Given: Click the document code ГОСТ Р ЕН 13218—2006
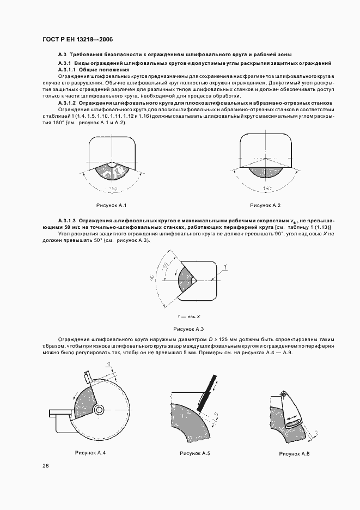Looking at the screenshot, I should tap(77, 39).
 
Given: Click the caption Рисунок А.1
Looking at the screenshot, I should tap(112, 205).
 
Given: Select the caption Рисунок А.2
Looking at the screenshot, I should tap(265, 205).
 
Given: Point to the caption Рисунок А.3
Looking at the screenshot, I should tap(188, 329).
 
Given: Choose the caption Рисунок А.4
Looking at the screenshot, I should tap(90, 453).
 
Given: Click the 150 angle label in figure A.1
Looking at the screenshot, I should tap(112, 189).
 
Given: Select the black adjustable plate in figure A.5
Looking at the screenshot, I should tap(205, 392).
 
